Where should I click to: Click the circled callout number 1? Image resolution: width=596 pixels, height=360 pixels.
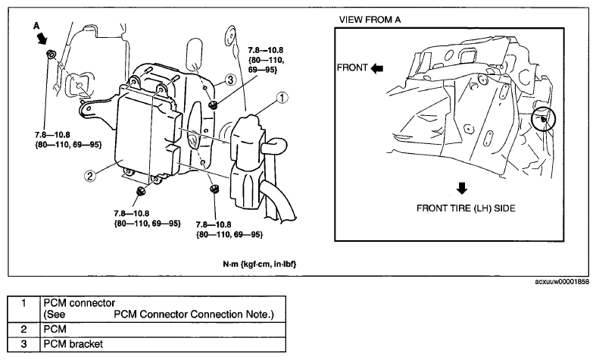282,99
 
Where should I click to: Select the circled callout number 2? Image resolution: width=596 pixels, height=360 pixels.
89,176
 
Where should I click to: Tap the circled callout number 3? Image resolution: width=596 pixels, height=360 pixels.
230,80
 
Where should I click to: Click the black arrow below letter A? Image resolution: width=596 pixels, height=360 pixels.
42,38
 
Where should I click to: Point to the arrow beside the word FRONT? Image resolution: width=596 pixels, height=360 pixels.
377,68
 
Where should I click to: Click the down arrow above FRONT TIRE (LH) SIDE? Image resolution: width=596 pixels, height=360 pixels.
462,189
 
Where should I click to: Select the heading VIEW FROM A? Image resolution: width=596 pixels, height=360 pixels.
370,20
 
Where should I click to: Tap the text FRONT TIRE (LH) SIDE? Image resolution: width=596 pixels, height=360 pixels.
466,208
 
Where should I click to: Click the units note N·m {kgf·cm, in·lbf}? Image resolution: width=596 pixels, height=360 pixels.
260,264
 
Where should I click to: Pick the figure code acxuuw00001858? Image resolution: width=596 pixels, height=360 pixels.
562,282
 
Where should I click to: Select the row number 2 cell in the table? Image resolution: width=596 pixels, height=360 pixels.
23,329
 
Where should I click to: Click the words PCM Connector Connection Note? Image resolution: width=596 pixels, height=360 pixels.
194,315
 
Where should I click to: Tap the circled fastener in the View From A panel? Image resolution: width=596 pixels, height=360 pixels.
544,120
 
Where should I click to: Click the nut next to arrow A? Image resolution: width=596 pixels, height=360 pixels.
51,55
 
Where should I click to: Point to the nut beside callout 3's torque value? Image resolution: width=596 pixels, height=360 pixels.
214,105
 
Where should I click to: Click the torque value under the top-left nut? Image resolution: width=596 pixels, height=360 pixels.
68,139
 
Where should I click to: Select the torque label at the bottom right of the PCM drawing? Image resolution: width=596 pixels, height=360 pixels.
229,230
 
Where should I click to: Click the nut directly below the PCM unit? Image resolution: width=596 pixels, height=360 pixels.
141,191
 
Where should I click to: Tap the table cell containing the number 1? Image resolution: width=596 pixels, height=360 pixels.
23,309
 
